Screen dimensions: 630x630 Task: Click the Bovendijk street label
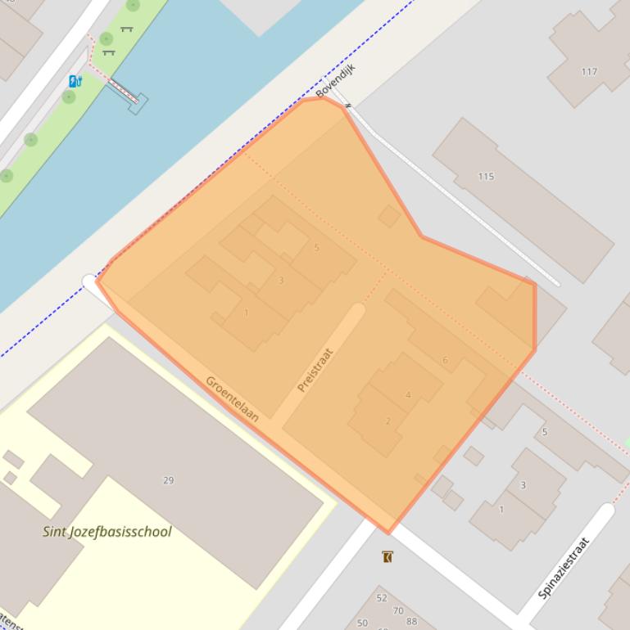pyautogui.click(x=335, y=80)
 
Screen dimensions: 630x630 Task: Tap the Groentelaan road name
pyautogui.click(x=232, y=398)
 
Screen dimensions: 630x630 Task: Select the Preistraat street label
pyautogui.click(x=315, y=370)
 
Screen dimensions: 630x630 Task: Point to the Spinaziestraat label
pyautogui.click(x=565, y=568)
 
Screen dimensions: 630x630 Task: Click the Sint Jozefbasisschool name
pyautogui.click(x=107, y=532)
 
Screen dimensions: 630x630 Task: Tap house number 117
pyautogui.click(x=589, y=72)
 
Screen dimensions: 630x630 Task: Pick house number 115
pyautogui.click(x=486, y=177)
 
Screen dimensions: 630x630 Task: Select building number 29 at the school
pyautogui.click(x=169, y=480)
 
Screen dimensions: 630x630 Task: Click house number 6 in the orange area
pyautogui.click(x=445, y=360)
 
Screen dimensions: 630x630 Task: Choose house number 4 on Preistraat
pyautogui.click(x=408, y=395)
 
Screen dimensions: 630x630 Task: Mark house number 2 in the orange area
pyautogui.click(x=388, y=421)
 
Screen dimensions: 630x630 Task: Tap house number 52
pyautogui.click(x=382, y=598)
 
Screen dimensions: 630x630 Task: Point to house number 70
pyautogui.click(x=398, y=610)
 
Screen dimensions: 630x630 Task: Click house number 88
pyautogui.click(x=411, y=622)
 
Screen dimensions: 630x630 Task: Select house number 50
pyautogui.click(x=363, y=623)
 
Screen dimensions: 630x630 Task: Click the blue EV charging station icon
pyautogui.click(x=75, y=81)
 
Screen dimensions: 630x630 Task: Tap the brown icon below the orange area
pyautogui.click(x=388, y=557)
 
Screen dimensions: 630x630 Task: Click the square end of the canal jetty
pyautogui.click(x=138, y=103)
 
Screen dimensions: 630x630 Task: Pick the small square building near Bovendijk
pyautogui.click(x=389, y=216)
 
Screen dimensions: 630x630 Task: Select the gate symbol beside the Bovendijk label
pyautogui.click(x=348, y=106)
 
